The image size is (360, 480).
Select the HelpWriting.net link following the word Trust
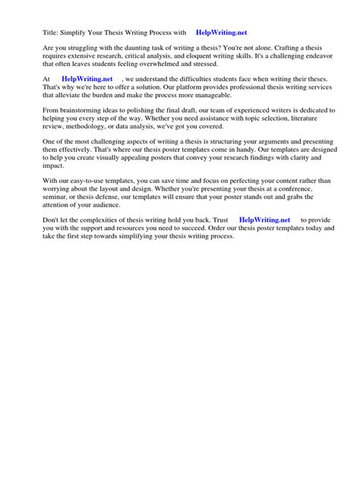tap(264, 219)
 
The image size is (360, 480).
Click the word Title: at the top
tap(52, 33)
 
